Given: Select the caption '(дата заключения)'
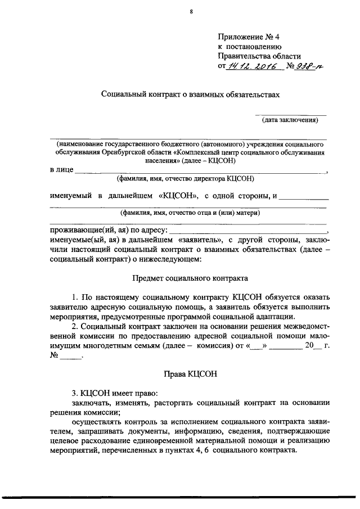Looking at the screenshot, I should click(290, 120).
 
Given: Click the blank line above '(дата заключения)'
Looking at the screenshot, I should click(290, 115).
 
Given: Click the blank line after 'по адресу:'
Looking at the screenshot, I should click(247, 231).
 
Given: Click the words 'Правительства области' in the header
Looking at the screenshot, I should click(259, 56).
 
